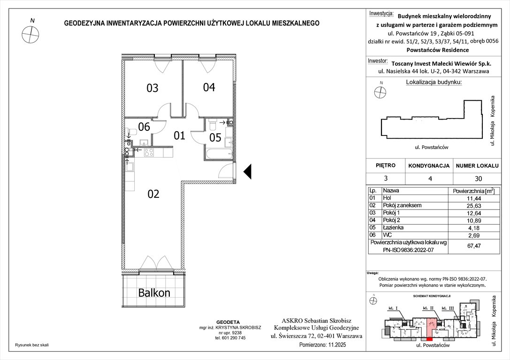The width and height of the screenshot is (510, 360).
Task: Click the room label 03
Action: [152, 88]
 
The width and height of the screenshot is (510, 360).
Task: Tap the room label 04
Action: [209, 87]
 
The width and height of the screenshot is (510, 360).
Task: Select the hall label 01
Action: [180, 136]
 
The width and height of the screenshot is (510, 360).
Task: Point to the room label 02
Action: [153, 194]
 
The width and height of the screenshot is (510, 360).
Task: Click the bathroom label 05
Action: [215, 137]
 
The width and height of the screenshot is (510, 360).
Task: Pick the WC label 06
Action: [144, 127]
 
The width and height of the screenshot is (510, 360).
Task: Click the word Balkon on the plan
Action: [154, 293]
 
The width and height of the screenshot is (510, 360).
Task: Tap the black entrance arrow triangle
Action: [249, 172]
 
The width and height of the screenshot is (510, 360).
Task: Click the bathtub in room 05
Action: [218, 153]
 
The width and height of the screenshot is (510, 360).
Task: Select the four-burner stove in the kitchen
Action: [149, 152]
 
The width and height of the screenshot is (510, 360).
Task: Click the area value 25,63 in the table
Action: [472, 206]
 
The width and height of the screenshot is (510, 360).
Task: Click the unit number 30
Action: [478, 179]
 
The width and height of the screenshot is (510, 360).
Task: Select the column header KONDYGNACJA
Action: [429, 166]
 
